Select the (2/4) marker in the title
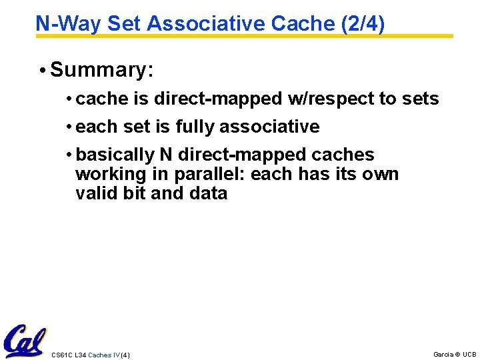[362, 23]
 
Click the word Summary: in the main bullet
[102, 69]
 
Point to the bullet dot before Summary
[42, 70]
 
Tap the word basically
[115, 155]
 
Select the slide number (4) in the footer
[125, 355]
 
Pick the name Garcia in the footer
[443, 354]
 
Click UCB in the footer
[469, 354]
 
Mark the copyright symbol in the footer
[457, 354]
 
